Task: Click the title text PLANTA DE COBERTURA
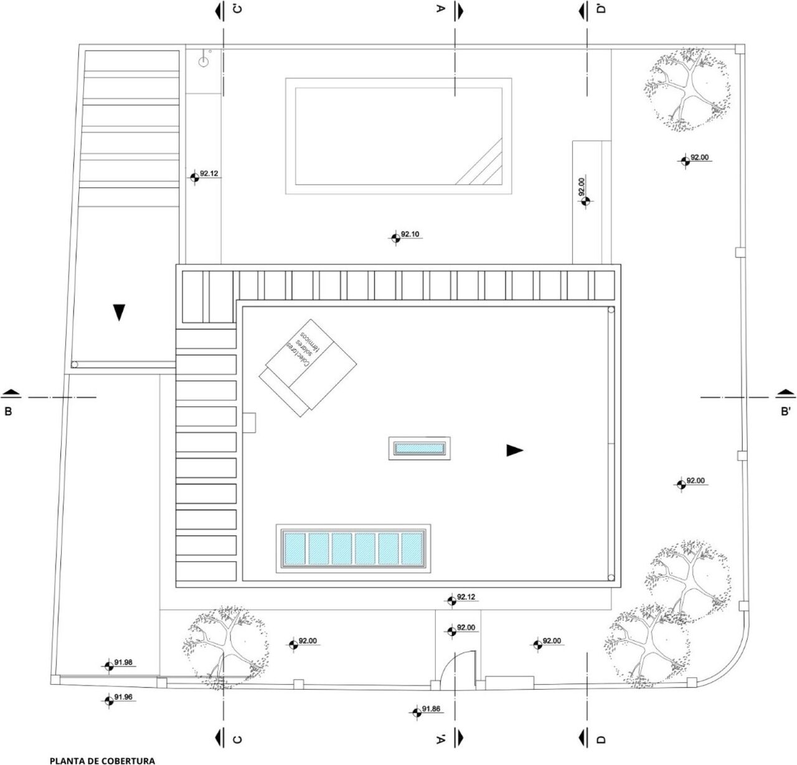coord(102,761)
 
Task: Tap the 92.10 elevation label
coord(410,234)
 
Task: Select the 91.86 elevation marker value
coord(432,708)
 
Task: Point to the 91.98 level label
coord(123,662)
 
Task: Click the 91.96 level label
coord(123,697)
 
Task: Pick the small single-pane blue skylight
coord(420,448)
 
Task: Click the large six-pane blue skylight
coord(353,548)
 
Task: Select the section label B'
coord(785,411)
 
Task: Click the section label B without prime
coord(8,411)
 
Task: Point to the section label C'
coord(237,9)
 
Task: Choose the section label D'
coord(601,9)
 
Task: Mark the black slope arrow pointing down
coord(119,312)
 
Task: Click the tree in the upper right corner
coord(687,90)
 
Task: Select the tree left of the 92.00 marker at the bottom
coord(225,647)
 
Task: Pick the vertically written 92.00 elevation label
coord(582,185)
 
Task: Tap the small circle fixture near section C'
coord(204,62)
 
